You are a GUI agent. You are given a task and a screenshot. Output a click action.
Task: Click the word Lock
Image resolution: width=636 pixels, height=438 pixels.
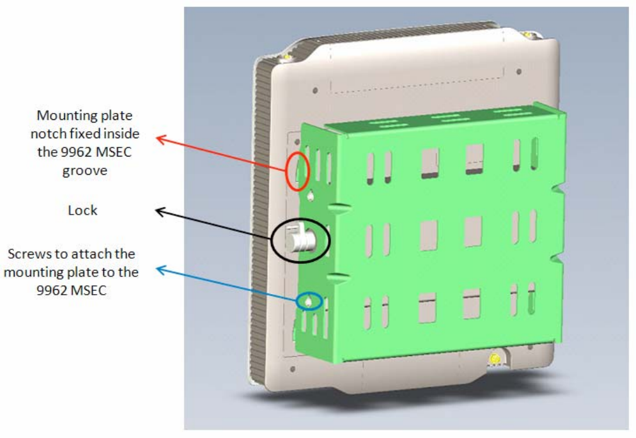[83, 210]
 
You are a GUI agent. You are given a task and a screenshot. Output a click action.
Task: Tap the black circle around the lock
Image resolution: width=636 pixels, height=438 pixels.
[301, 241]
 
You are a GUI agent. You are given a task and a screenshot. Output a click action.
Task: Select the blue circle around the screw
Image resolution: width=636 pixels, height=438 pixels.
[309, 301]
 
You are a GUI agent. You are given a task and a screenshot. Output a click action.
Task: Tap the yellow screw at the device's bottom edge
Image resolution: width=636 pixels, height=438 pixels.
[495, 360]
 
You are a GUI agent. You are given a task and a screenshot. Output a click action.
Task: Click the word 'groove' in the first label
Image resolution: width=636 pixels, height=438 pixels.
[84, 170]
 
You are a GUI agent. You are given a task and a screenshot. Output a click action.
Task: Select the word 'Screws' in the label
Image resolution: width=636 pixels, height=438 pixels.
[28, 254]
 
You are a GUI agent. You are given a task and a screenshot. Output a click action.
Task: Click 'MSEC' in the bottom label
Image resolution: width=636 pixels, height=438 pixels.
[91, 290]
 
